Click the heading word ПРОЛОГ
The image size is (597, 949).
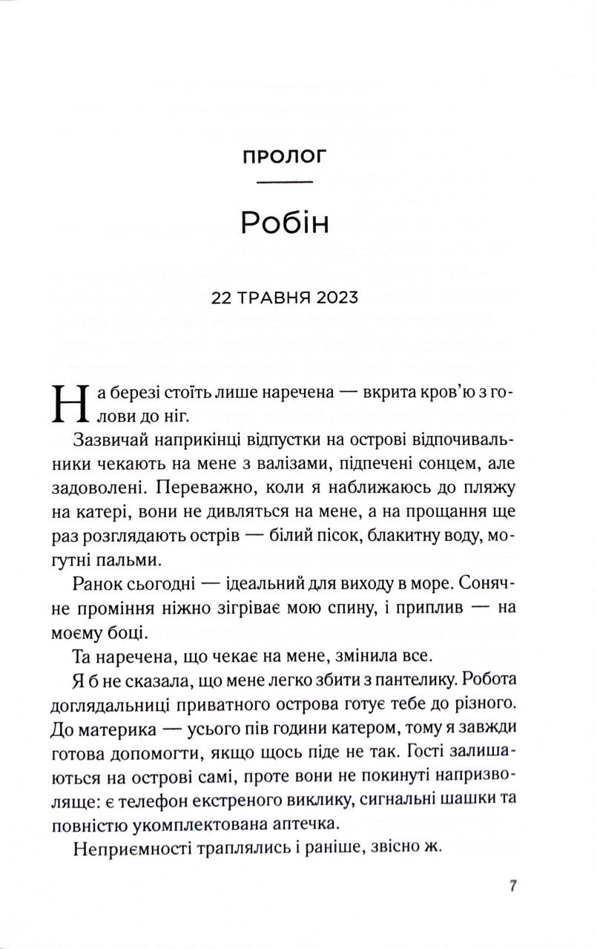pos(285,157)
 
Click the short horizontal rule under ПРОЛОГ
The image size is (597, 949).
pos(285,182)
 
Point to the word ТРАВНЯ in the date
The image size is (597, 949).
pos(271,298)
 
